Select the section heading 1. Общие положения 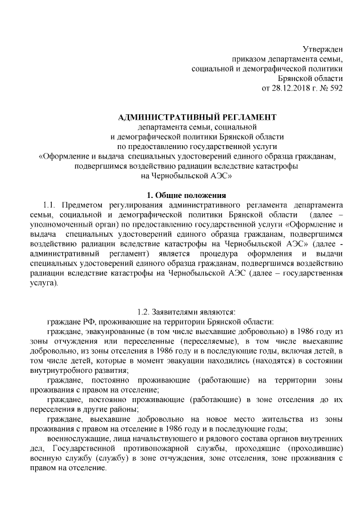pyautogui.click(x=186, y=195)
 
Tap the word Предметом pyautogui.click(x=83, y=205)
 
